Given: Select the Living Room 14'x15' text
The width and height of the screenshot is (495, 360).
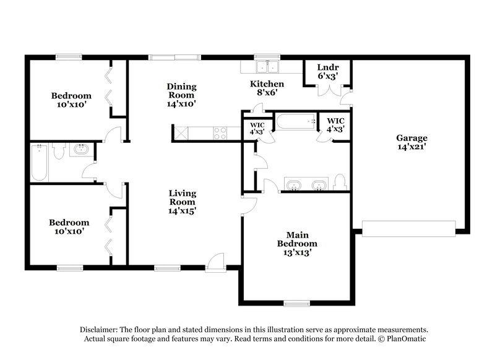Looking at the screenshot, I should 183,202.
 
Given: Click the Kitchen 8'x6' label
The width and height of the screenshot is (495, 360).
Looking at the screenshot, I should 267,88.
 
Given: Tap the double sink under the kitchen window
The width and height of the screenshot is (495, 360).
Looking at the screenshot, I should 269,66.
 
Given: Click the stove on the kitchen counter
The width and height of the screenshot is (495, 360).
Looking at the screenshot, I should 220,131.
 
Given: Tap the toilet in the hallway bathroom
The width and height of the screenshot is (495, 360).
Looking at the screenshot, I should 59,150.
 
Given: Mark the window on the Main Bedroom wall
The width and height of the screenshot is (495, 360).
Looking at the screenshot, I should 297,302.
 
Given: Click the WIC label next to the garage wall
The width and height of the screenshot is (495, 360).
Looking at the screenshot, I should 335,124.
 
